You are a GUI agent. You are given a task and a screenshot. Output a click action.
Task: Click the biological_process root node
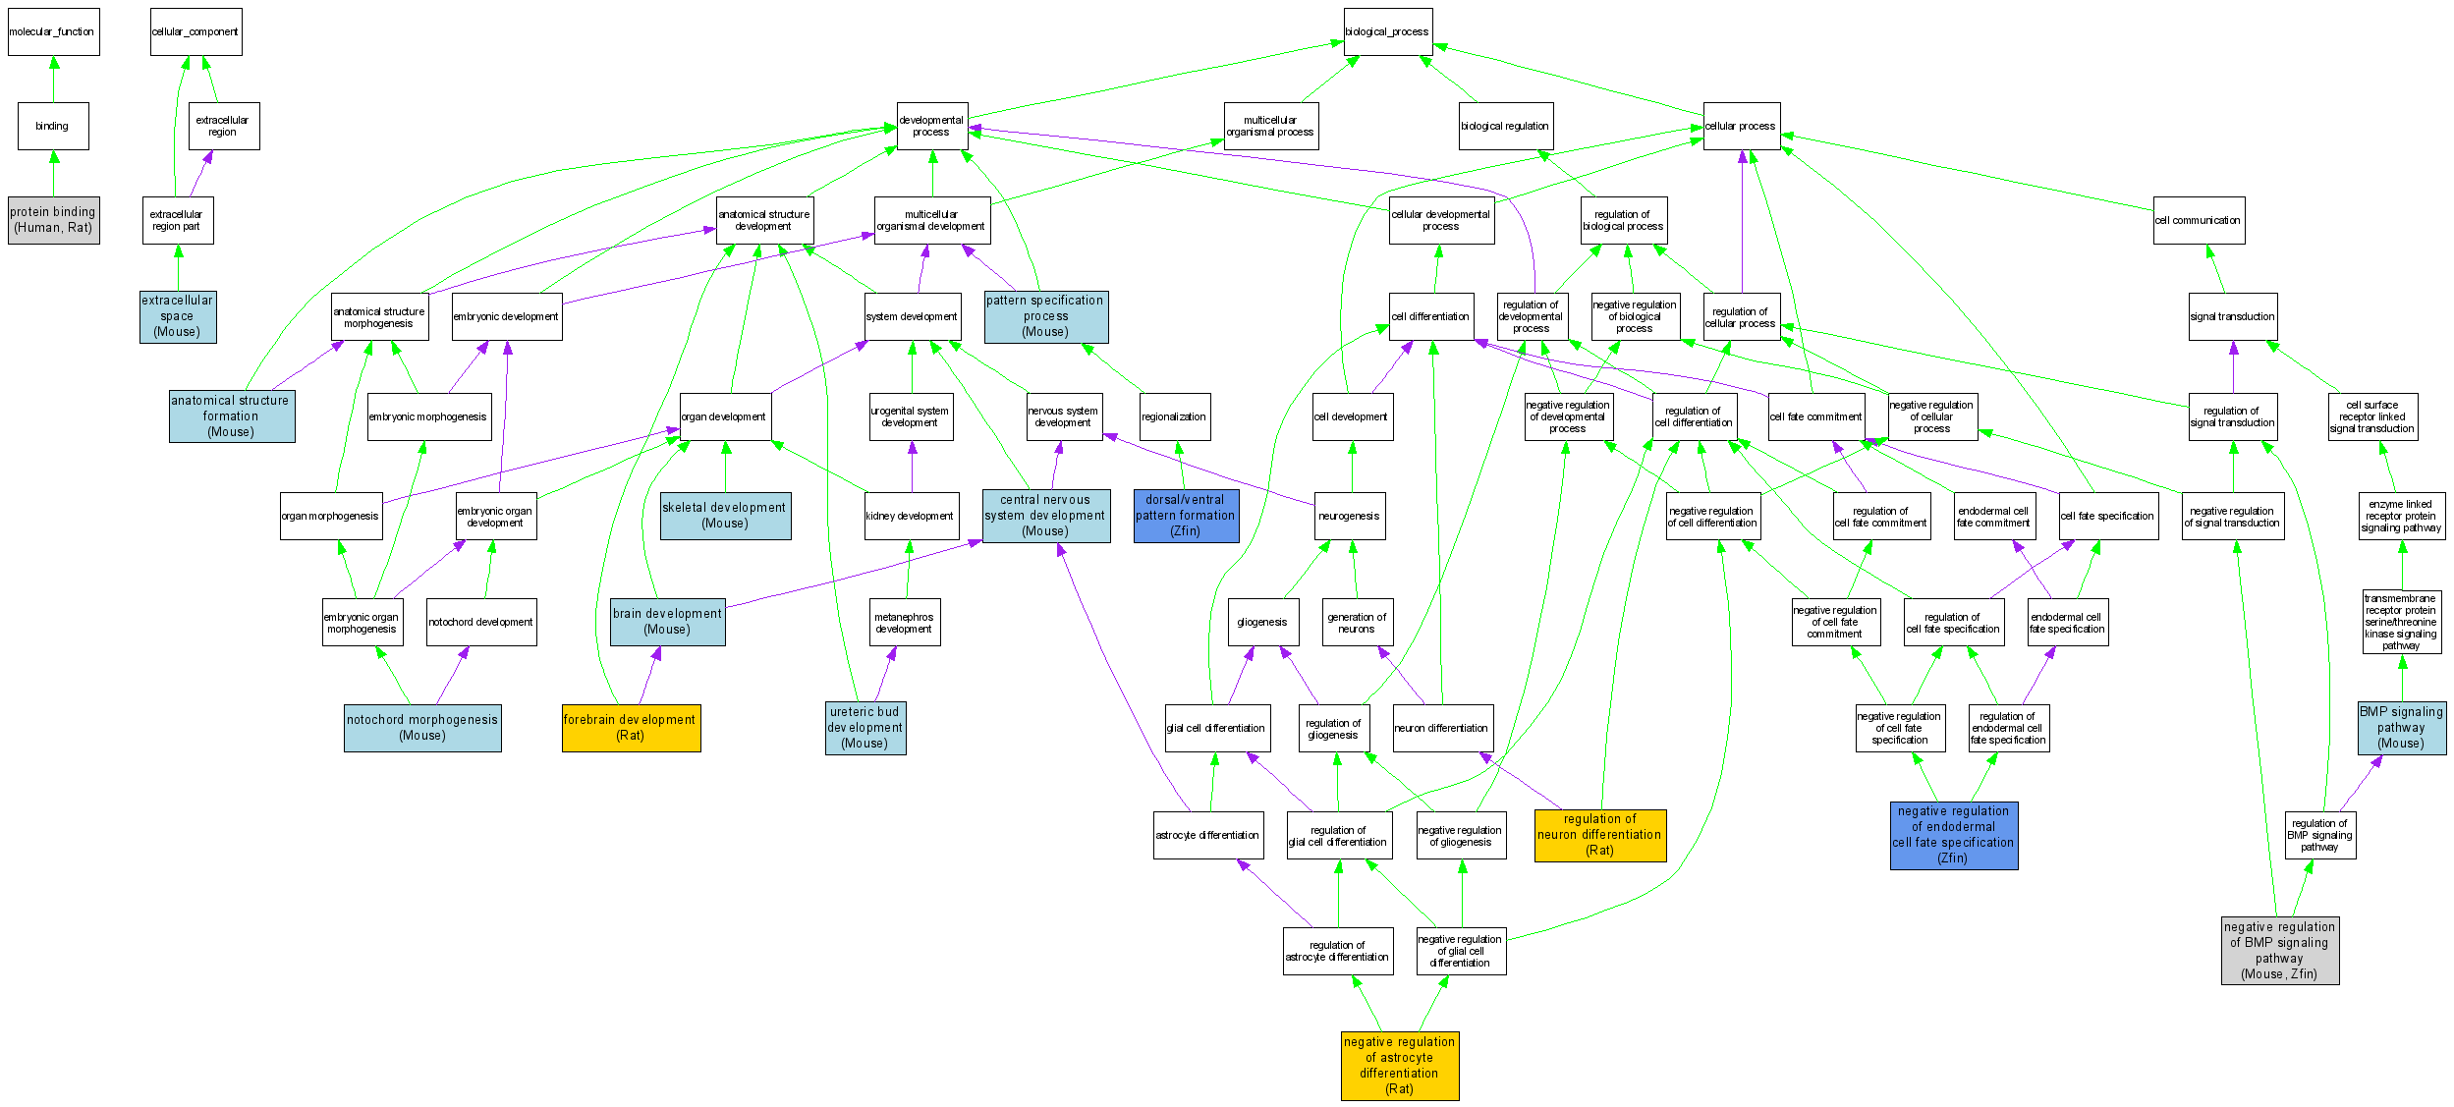click(x=1387, y=31)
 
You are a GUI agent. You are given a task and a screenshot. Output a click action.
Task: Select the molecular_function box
click(x=53, y=31)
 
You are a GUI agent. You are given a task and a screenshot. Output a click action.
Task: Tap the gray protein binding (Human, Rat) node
click(x=53, y=220)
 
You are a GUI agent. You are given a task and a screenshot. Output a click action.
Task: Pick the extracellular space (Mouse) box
click(x=178, y=316)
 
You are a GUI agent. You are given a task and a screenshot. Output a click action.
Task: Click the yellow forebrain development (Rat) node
click(x=631, y=728)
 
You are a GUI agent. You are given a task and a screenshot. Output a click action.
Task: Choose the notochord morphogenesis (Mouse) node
click(x=422, y=728)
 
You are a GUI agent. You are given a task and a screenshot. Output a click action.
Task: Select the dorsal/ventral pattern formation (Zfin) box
click(x=1186, y=516)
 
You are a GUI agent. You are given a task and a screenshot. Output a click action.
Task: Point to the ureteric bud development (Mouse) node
click(x=865, y=728)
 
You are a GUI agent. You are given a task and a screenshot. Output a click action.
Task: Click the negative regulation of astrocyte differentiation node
click(x=1400, y=1066)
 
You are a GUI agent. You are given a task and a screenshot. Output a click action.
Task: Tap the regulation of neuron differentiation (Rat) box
click(x=1600, y=835)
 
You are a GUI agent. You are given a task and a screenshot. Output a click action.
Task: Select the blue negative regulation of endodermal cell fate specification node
click(x=1954, y=835)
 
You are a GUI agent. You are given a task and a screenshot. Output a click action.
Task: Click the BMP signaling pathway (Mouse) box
click(x=2402, y=728)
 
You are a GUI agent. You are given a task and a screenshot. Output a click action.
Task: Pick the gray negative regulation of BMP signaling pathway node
click(x=2279, y=950)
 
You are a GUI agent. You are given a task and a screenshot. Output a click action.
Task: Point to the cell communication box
click(x=2199, y=220)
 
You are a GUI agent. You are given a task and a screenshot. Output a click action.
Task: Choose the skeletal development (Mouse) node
click(x=725, y=516)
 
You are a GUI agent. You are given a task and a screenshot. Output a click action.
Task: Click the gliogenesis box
click(x=1262, y=622)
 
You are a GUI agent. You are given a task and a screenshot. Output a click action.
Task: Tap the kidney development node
click(x=911, y=516)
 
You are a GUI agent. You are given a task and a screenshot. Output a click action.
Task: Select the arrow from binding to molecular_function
click(x=54, y=80)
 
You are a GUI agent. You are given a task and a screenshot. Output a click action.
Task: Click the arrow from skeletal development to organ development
click(x=726, y=467)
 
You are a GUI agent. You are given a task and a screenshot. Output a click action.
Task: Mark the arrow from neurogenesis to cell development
click(x=1352, y=467)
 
